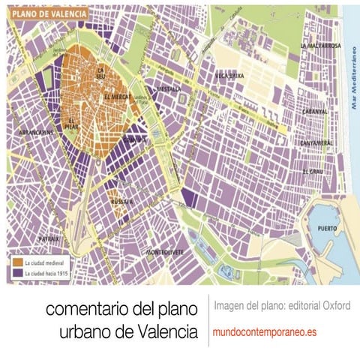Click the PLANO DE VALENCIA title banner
pyautogui.click(x=46, y=13)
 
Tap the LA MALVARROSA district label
pyautogui.click(x=320, y=46)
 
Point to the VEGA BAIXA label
pyautogui.click(x=230, y=76)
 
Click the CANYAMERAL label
pyautogui.click(x=316, y=142)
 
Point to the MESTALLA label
pyautogui.click(x=169, y=88)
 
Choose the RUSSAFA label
pyautogui.click(x=122, y=201)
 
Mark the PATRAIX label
pyautogui.click(x=28, y=238)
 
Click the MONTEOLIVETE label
pyautogui.click(x=165, y=251)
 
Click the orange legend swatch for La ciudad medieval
pyautogui.click(x=16, y=263)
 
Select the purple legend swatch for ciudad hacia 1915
pyautogui.click(x=16, y=274)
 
